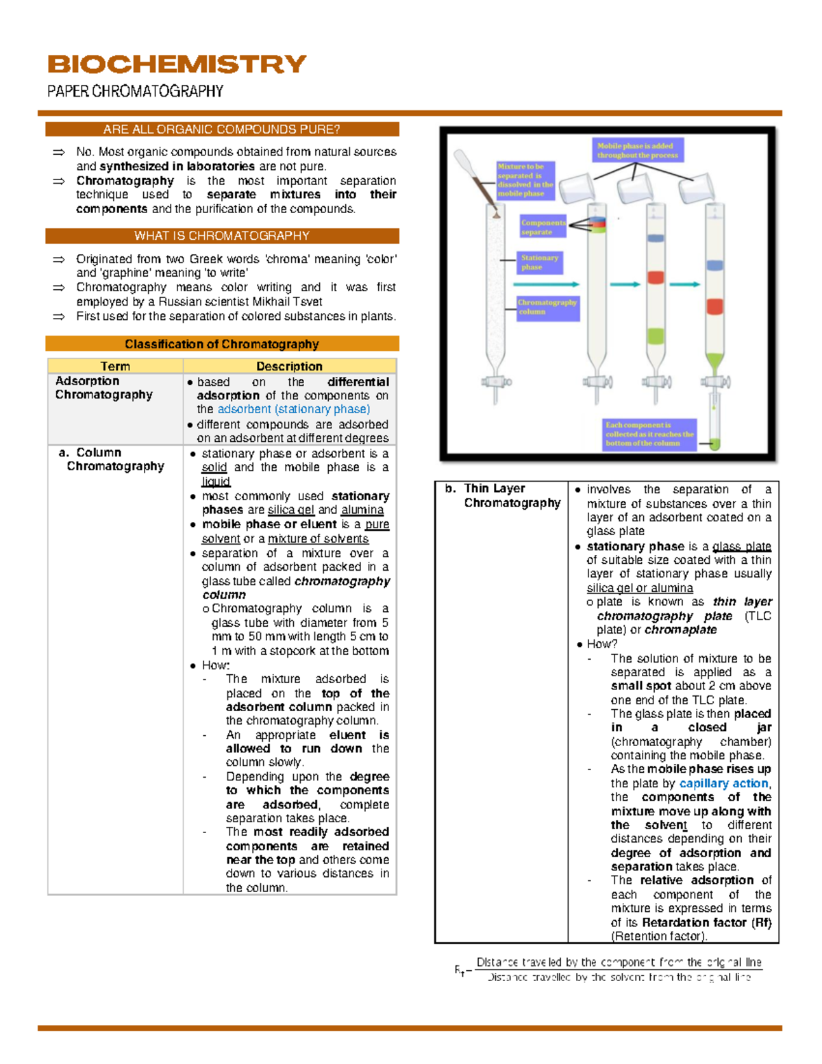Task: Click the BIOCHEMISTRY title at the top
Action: point(177,64)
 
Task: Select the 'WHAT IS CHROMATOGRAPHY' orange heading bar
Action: point(222,236)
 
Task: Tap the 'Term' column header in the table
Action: point(115,366)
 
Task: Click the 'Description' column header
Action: point(289,366)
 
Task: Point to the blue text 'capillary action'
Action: point(724,783)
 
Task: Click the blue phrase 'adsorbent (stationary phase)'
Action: point(293,409)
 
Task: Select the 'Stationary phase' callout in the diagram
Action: point(540,262)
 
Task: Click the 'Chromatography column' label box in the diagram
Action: point(547,307)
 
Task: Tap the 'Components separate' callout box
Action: point(543,227)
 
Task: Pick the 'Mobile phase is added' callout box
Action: point(637,150)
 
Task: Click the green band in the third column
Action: point(656,336)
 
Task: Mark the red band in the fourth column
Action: point(715,306)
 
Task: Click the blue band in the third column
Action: point(656,238)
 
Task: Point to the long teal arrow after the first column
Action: point(546,284)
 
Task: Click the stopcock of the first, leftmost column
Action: point(493,382)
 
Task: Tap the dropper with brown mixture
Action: point(477,180)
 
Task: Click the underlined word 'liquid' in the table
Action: point(216,482)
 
